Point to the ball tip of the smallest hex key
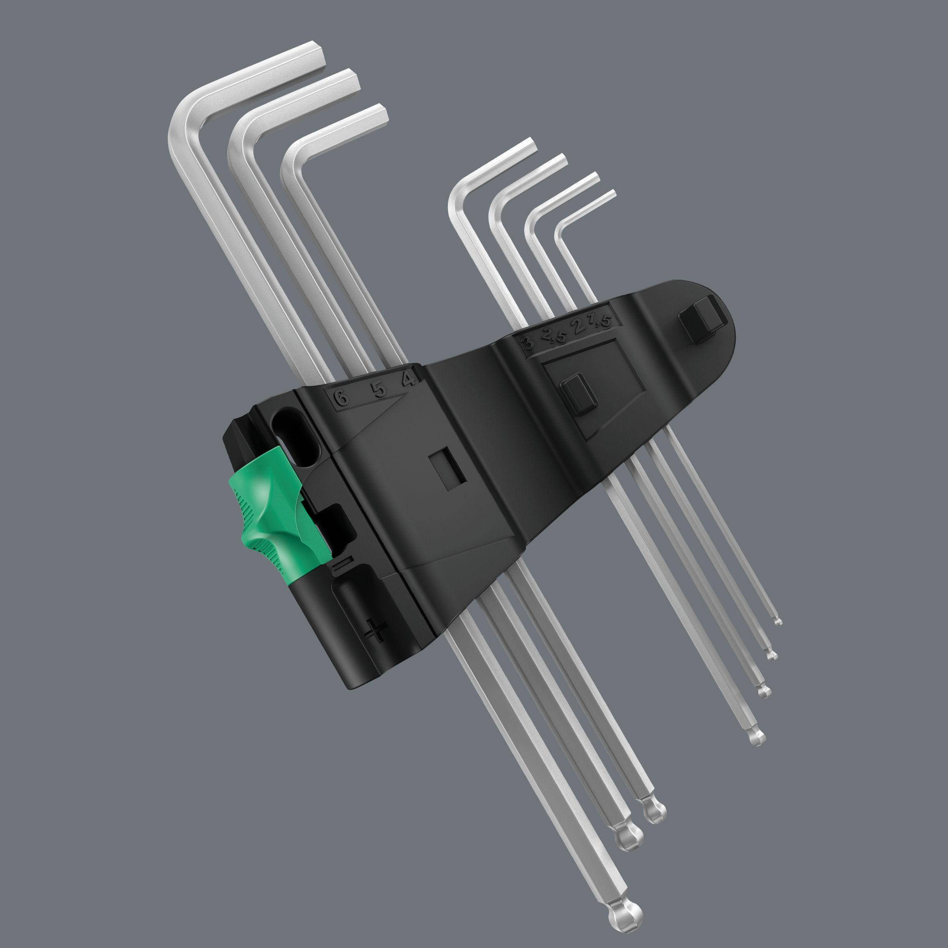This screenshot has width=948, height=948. [778, 622]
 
